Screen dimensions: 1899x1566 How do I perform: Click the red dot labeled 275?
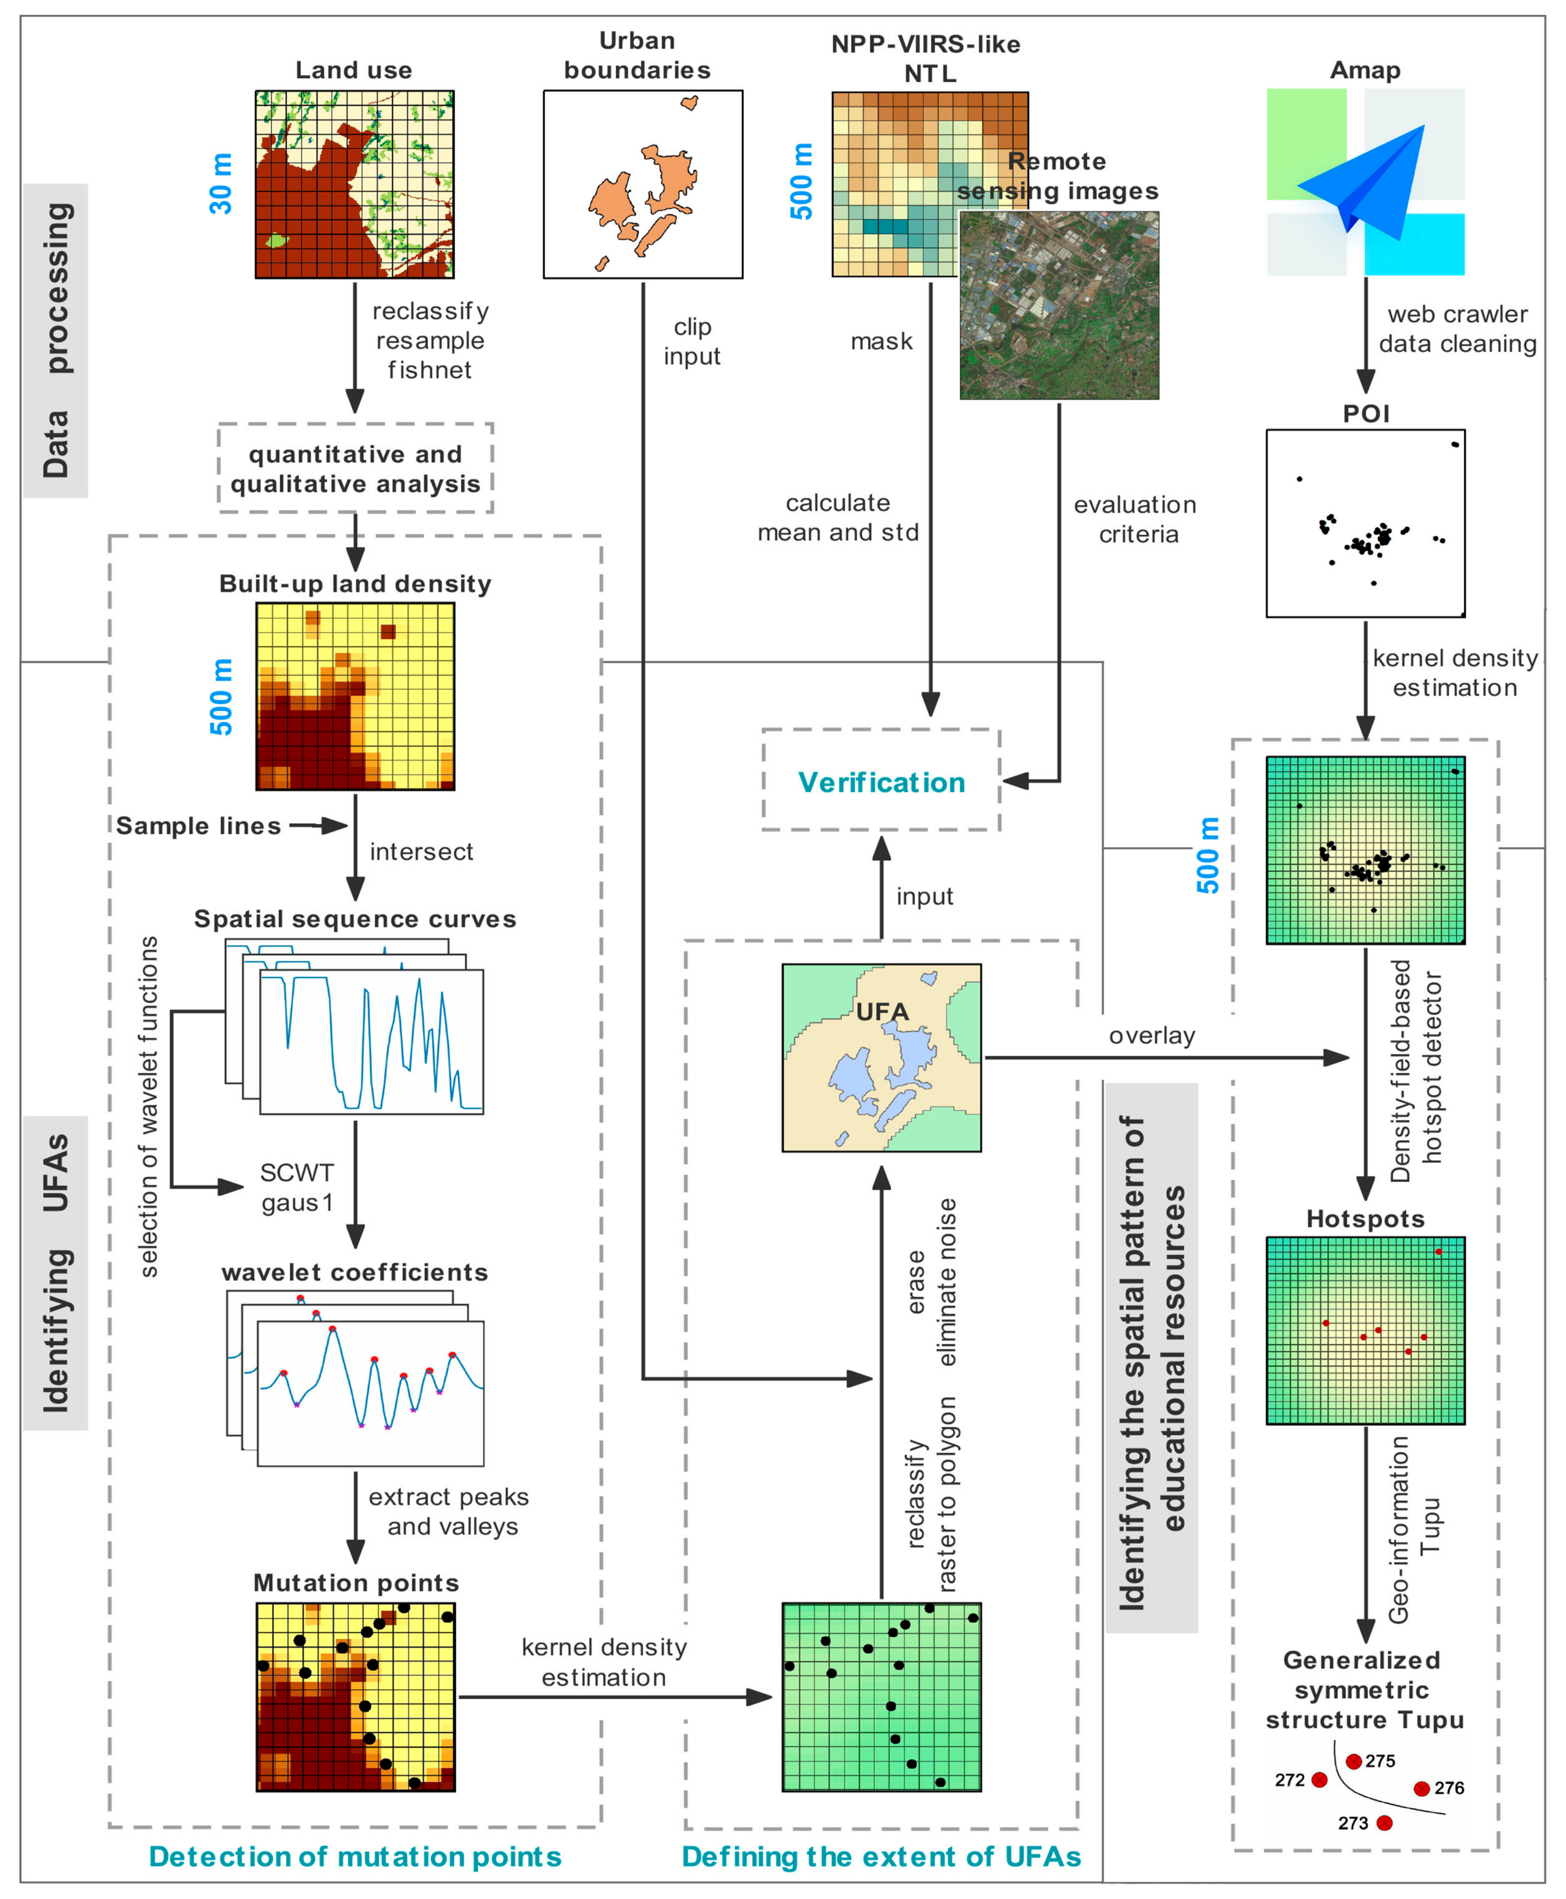1353,1761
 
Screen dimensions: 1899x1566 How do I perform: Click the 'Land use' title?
354,70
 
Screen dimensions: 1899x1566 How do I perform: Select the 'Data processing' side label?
56,340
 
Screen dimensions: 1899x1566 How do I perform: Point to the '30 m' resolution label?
221,184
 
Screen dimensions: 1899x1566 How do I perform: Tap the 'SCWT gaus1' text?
297,1187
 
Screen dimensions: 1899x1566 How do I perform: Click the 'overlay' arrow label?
1152,1036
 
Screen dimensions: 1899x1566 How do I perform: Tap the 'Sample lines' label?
198,826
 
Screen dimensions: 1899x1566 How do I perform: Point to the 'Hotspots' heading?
1365,1219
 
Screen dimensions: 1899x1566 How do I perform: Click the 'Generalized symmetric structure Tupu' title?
1364,1690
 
